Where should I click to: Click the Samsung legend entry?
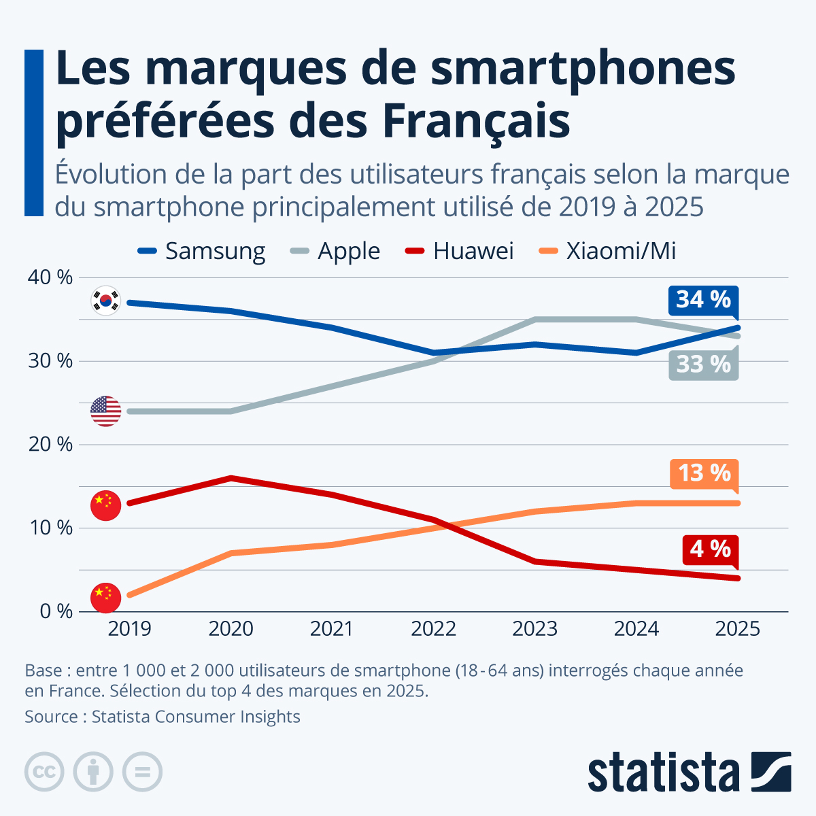201,251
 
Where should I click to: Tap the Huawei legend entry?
459,251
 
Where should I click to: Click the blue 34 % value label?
703,299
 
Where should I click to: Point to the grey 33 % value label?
703,364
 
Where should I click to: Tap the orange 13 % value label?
703,473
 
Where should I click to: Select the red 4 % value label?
710,549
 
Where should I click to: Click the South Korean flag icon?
105,300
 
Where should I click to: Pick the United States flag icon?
105,411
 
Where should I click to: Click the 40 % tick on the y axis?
50,277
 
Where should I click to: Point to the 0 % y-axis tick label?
55,611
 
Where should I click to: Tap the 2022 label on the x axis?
433,628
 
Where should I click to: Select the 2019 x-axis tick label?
129,628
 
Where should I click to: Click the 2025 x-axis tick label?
738,628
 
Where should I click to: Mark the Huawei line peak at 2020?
231,478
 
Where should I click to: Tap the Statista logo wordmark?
664,772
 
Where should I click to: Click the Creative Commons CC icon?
44,772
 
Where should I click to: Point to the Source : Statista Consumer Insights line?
163,717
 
